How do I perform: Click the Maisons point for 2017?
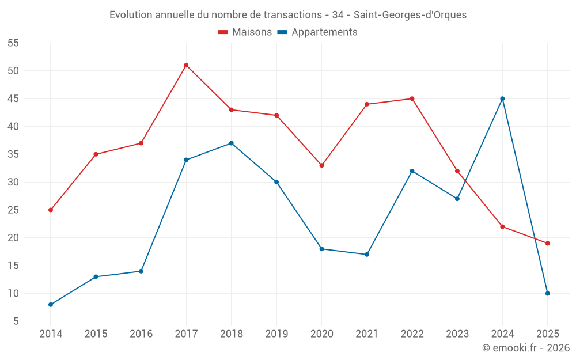coord(186,65)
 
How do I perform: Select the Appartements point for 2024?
coord(502,98)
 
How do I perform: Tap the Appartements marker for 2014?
coord(51,304)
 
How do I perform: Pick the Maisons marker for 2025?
coord(547,243)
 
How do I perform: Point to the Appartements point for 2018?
coord(231,143)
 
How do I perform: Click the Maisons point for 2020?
coord(321,165)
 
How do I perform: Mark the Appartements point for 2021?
coord(367,254)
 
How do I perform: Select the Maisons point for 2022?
coord(412,98)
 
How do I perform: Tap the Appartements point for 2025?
coord(547,293)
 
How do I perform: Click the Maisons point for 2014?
coord(51,210)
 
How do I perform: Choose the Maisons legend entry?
coord(245,32)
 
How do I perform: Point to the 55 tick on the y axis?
coord(13,43)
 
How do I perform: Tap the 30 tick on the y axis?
coord(13,182)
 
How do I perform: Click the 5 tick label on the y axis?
coord(16,321)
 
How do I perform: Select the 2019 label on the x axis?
coord(276,334)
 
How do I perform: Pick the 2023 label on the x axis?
coord(457,334)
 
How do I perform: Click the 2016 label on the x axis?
coord(141,334)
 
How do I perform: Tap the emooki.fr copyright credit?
coord(526,348)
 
